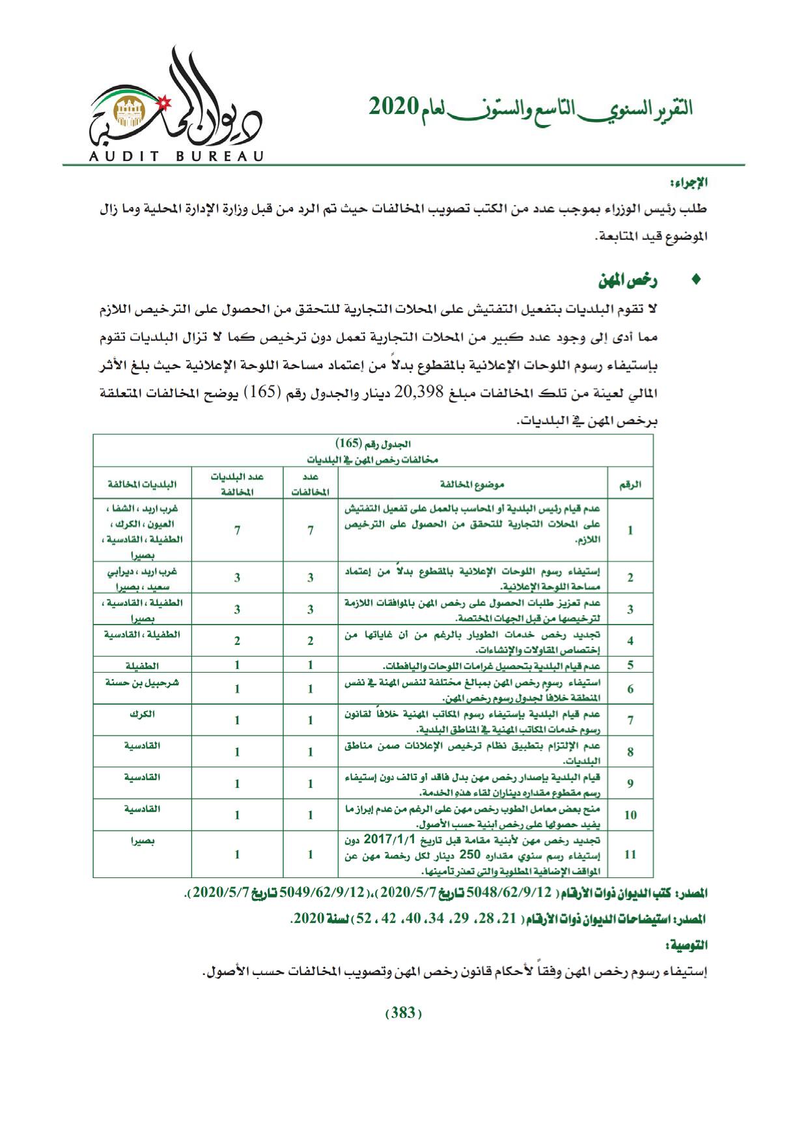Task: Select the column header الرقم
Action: coord(630,484)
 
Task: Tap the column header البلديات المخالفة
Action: coord(142,484)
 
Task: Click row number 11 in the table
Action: coord(630,854)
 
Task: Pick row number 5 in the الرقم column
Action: coord(630,665)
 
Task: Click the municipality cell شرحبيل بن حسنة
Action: coord(142,683)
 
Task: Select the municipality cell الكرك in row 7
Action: coord(142,714)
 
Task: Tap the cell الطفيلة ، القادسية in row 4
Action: coord(142,633)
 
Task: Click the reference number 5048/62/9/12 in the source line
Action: coord(519,892)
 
